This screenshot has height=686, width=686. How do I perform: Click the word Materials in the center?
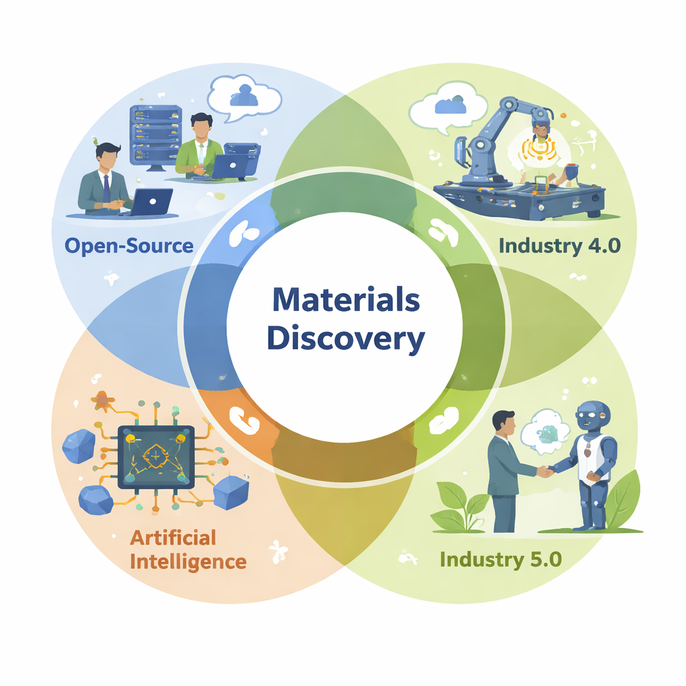point(345,301)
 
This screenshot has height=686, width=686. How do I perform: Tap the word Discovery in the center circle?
point(345,339)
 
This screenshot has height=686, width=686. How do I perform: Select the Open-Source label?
point(129,245)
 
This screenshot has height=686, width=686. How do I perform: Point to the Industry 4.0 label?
point(560,245)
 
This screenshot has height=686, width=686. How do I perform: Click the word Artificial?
point(173,537)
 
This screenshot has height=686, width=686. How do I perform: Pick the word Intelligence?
point(188,561)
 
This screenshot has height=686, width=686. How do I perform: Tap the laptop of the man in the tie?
point(151,201)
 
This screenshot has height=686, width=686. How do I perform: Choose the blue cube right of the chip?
point(231,494)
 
